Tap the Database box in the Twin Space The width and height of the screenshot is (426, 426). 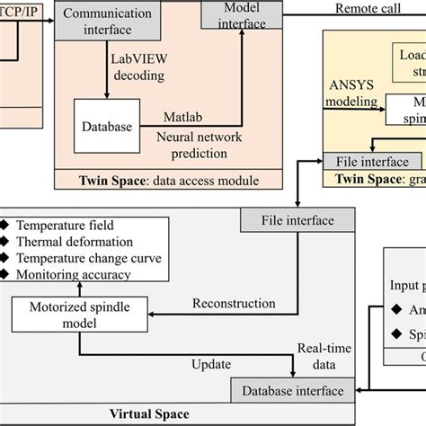coord(103,127)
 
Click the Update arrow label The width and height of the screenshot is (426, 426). coord(212,364)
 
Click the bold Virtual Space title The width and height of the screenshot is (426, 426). coord(149,414)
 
